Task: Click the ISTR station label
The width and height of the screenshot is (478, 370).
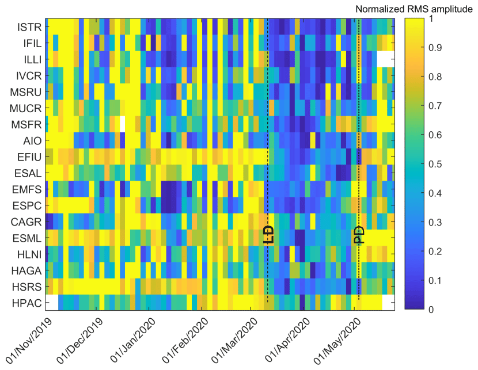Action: point(29,26)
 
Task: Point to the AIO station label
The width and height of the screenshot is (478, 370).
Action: point(32,140)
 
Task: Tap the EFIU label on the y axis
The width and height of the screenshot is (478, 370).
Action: point(29,157)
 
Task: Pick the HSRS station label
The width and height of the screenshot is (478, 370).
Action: point(28,286)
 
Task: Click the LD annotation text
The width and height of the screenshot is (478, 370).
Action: point(268,234)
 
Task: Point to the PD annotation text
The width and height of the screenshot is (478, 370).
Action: point(359,235)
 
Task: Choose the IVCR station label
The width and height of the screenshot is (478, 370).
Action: point(28,75)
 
